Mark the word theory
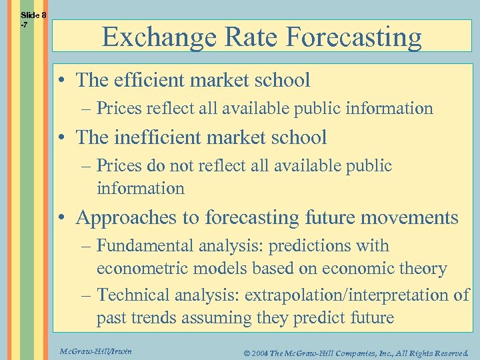pyautogui.click(x=421, y=269)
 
